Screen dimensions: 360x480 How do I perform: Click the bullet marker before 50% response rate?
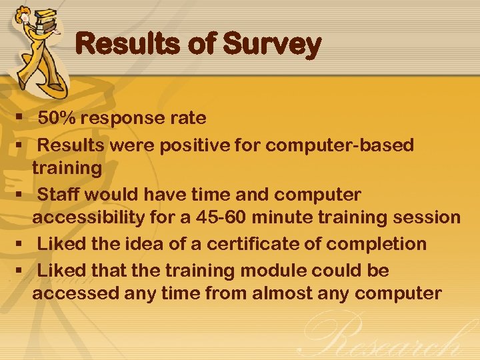pyautogui.click(x=20, y=119)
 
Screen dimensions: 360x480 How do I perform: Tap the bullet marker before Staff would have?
pyautogui.click(x=20, y=195)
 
